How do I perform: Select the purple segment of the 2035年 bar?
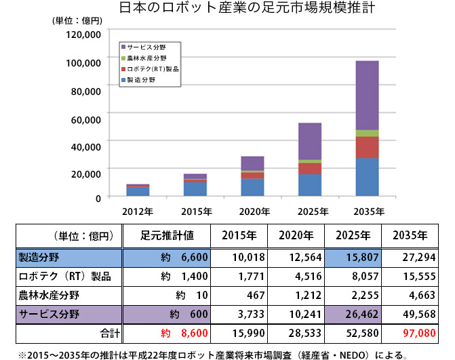point(368,95)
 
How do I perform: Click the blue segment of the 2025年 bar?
point(310,185)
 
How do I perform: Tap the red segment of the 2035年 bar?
point(368,147)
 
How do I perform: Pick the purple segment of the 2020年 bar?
point(252,163)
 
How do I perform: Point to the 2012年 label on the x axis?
point(138,209)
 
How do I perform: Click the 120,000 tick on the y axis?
point(83,33)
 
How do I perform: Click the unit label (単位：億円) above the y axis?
point(76,20)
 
